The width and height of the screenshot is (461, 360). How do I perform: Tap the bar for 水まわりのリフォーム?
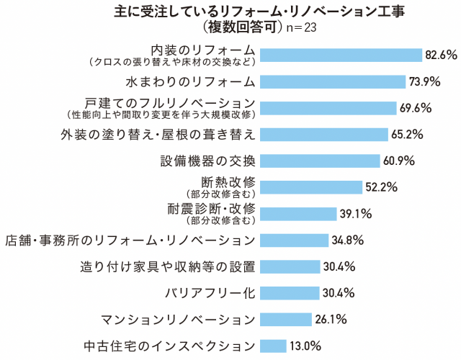[x=331, y=81]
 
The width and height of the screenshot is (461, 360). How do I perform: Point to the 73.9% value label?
[x=421, y=81]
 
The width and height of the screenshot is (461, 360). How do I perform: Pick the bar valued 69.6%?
[x=328, y=108]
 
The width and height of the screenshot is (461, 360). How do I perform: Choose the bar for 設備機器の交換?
[x=319, y=161]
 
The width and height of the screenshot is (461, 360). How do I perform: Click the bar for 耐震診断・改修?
[x=298, y=214]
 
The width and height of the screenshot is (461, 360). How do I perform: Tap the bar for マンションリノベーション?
[x=285, y=319]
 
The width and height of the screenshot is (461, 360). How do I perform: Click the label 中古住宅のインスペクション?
[x=170, y=346]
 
